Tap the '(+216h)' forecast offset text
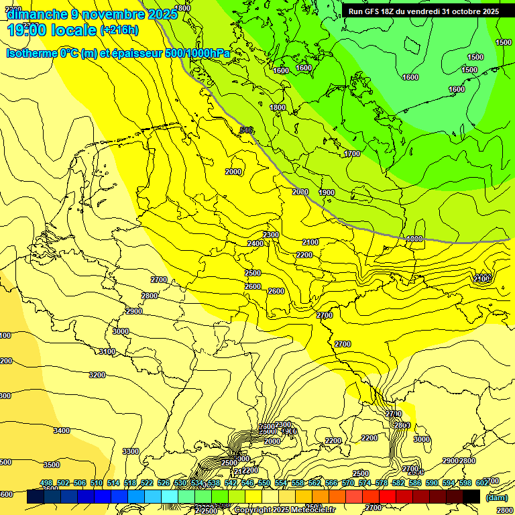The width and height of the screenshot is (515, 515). pos(119,30)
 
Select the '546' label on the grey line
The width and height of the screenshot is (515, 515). pos(246,130)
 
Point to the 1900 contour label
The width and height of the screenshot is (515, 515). pos(327,193)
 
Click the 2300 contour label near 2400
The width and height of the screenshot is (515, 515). pos(271,235)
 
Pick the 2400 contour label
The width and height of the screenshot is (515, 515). pos(255,243)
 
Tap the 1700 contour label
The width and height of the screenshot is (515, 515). pos(352,154)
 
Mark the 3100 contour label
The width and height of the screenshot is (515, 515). pos(107,352)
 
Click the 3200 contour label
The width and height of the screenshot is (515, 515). pos(97,375)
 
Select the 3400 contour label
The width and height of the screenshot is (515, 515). pos(62,431)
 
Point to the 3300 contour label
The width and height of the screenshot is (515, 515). pos(131,451)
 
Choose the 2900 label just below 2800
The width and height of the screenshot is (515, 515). pos(134,311)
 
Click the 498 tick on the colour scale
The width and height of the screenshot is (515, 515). pos(46,483)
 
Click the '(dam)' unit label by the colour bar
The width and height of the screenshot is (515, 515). pos(496,498)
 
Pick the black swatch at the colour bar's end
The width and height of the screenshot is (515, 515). pos(471,496)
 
